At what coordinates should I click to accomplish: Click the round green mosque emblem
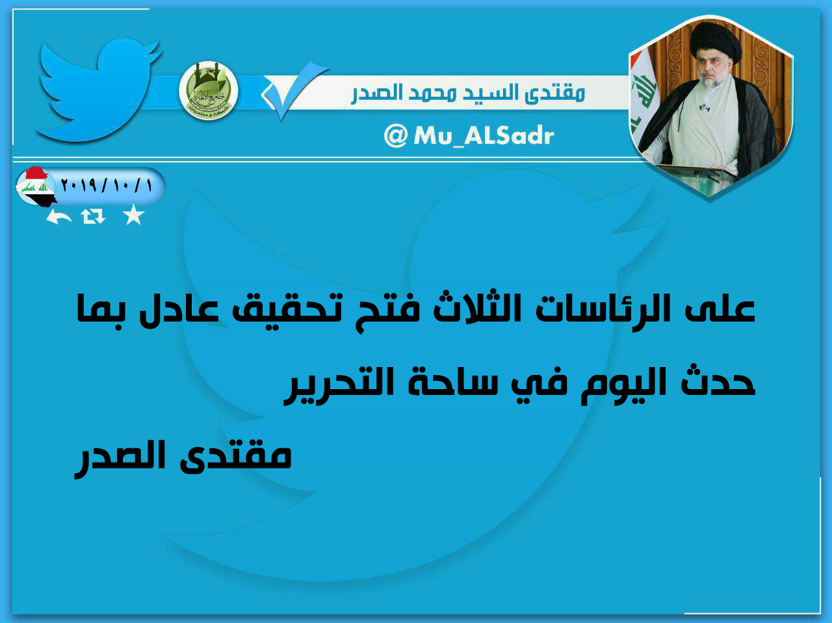coord(208,91)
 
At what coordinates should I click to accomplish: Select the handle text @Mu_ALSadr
coord(469,135)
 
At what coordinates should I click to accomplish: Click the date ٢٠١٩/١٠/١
coord(107,186)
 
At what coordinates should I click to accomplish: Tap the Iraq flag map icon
coord(36,186)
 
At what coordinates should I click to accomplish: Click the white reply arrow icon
coord(58,216)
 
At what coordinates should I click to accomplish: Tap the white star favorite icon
coord(133,215)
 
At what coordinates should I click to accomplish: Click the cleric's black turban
coord(715,42)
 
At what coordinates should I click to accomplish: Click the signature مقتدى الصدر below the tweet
coord(183,458)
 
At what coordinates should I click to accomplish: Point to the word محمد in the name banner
coord(433,93)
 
